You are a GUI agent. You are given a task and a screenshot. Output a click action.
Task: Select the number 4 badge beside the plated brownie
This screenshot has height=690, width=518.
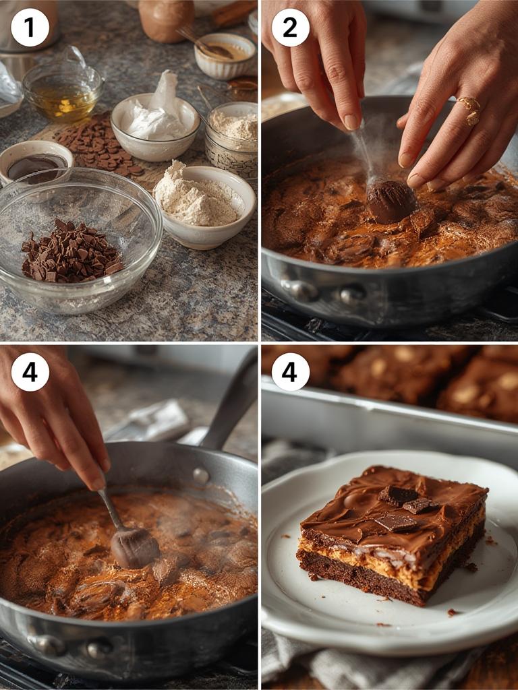(290, 372)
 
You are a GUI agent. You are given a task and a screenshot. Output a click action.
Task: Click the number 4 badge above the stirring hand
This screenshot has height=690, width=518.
(30, 372)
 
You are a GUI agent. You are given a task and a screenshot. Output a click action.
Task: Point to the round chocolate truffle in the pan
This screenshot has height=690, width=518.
(391, 201)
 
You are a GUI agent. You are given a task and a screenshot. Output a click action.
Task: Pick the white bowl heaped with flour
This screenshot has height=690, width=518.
(205, 202)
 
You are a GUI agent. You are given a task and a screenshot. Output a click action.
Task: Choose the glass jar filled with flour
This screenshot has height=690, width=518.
(231, 138)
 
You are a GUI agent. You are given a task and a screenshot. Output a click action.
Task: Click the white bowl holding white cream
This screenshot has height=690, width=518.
(155, 125)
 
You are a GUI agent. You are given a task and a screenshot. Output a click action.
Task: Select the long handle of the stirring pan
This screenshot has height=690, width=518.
(229, 404)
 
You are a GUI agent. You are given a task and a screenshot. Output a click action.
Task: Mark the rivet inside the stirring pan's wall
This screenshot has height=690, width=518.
(200, 474)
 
